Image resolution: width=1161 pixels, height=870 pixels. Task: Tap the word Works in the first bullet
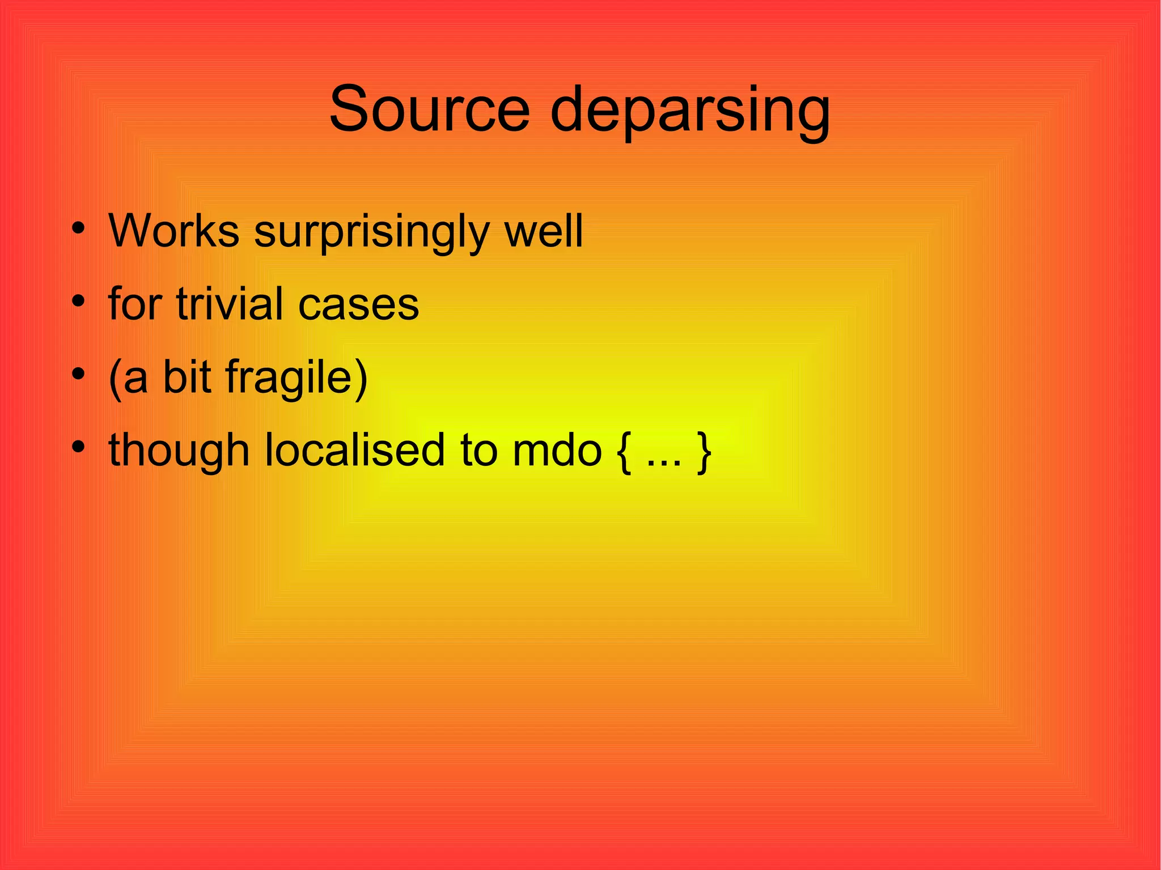(174, 231)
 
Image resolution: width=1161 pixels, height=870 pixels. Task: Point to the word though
(179, 451)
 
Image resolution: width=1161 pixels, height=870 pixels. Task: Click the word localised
(355, 450)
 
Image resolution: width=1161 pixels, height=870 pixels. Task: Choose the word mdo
(557, 451)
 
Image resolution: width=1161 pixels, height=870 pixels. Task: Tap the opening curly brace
(623, 452)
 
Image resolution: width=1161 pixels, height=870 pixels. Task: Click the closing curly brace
(704, 452)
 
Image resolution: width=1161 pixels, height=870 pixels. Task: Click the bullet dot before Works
(79, 229)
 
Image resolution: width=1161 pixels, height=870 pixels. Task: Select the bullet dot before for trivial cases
(79, 302)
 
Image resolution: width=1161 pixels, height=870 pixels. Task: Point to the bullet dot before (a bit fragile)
(79, 374)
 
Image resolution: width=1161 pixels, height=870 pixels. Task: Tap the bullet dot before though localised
(79, 447)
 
